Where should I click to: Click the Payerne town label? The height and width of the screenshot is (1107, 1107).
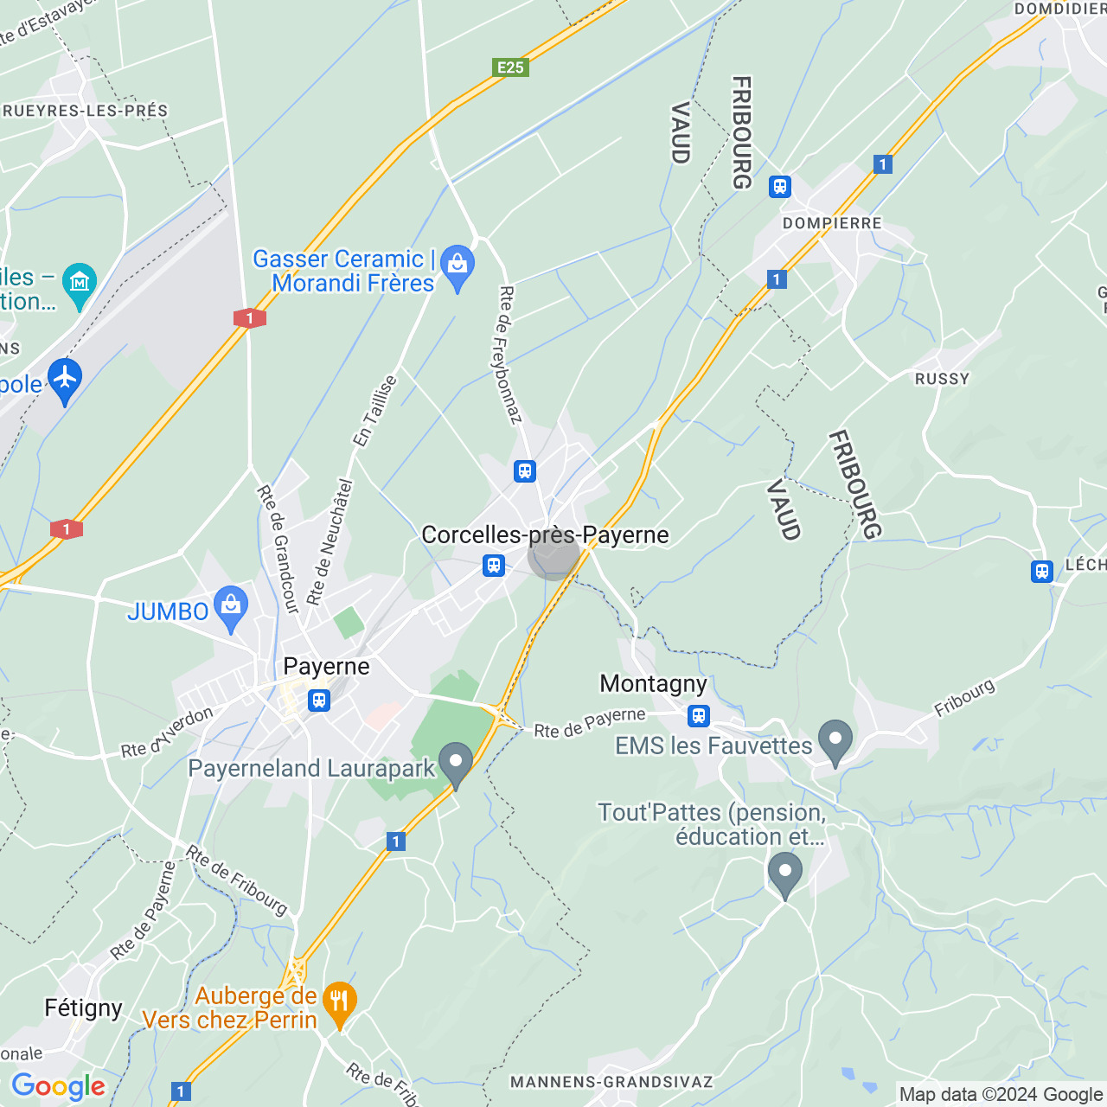click(x=326, y=667)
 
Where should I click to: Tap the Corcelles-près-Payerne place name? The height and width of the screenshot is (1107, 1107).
click(x=545, y=535)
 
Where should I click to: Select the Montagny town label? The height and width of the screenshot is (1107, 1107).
click(x=653, y=684)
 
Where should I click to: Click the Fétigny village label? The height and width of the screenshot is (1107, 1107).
click(x=83, y=1008)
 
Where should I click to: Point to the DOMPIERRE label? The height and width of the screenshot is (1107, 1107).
click(x=832, y=223)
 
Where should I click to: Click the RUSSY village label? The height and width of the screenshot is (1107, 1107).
click(x=942, y=379)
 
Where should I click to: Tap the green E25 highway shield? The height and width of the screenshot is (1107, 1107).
click(x=510, y=67)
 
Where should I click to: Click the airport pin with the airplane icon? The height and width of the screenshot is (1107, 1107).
click(x=65, y=379)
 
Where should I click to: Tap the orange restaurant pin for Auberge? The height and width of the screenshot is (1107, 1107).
click(x=339, y=1003)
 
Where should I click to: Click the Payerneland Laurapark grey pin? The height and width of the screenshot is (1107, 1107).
click(x=456, y=764)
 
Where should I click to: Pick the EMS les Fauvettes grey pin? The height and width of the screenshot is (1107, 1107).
click(x=835, y=740)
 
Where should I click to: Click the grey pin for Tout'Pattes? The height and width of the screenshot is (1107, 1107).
click(x=784, y=873)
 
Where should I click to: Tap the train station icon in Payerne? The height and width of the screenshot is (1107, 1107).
click(x=319, y=700)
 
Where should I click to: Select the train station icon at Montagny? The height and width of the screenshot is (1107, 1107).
click(x=699, y=716)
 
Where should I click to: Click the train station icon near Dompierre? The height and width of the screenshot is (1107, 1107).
click(x=780, y=187)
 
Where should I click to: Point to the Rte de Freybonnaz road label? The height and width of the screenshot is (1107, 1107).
click(x=510, y=355)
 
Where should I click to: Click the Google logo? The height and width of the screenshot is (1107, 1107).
click(x=58, y=1086)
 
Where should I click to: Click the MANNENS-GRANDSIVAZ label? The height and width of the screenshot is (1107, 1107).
click(x=611, y=1082)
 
